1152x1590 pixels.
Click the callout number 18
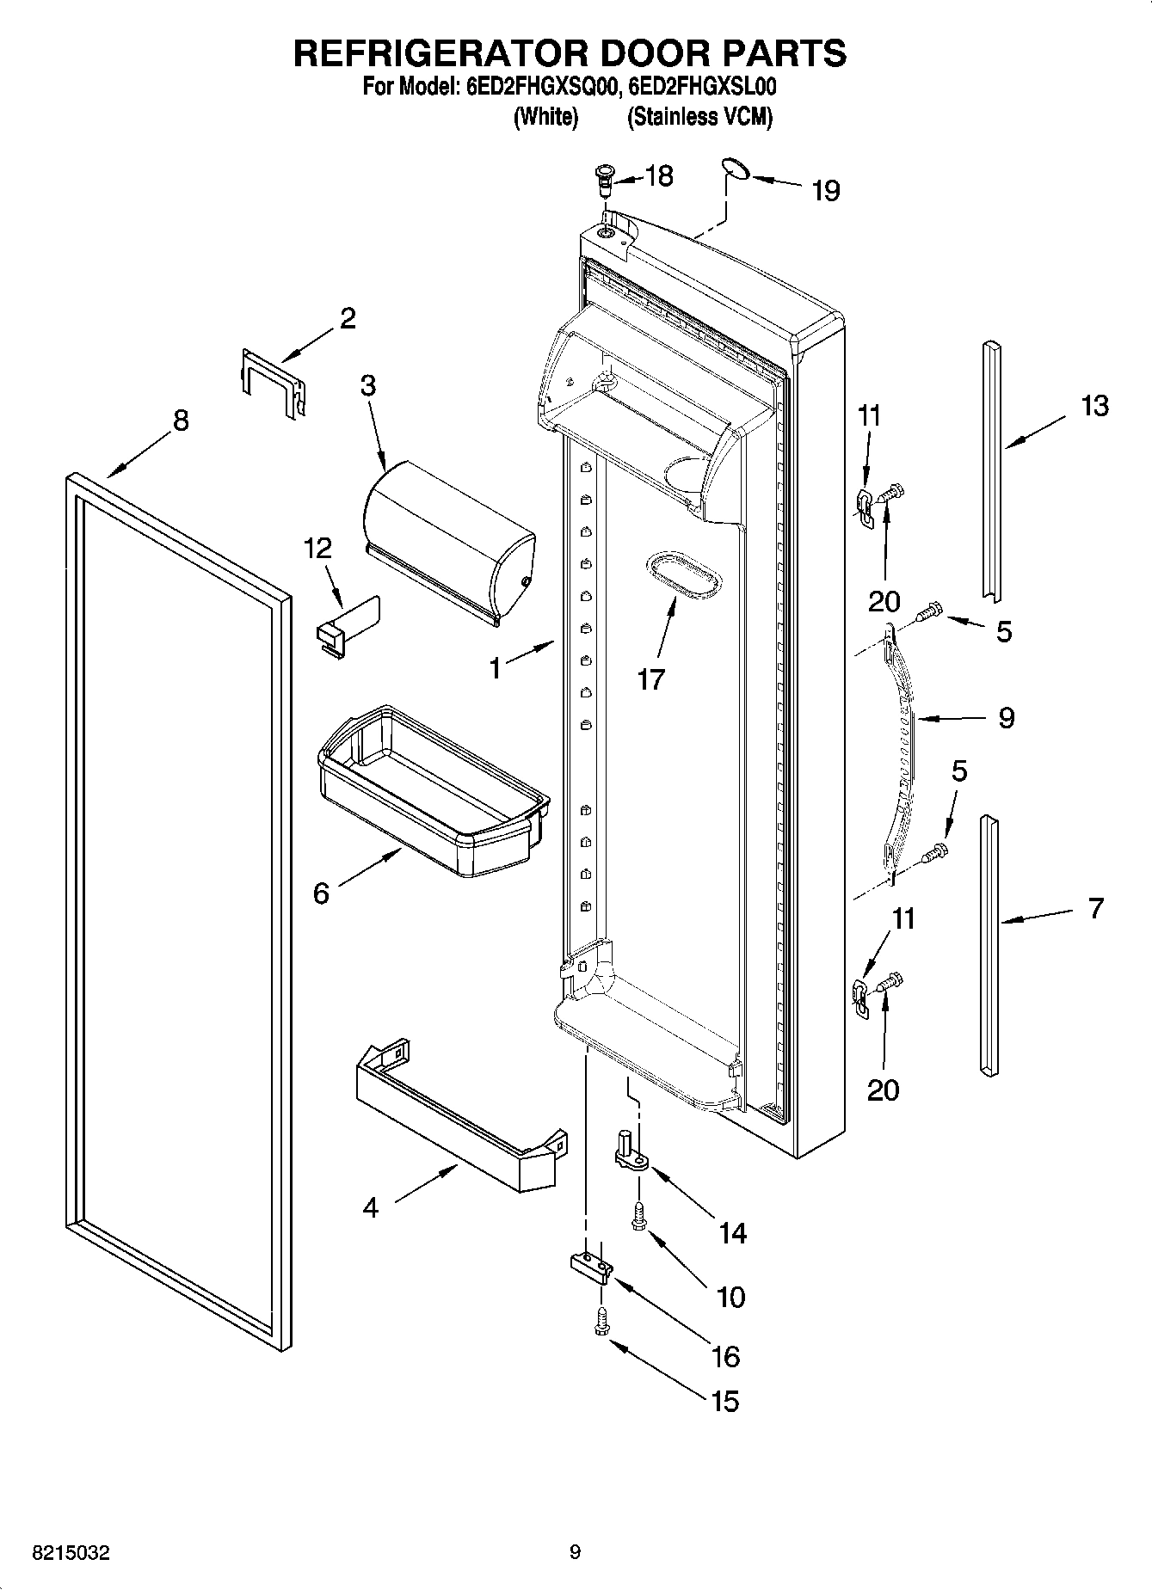click(659, 176)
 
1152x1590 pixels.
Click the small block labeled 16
click(591, 1266)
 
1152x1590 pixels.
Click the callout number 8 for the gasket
click(180, 421)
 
